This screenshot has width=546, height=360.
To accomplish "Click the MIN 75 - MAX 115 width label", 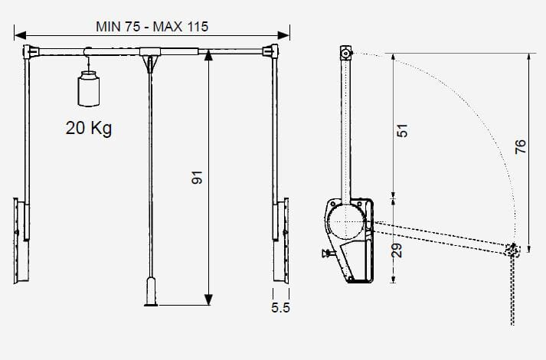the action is click(x=152, y=27).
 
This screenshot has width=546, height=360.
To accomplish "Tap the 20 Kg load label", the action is click(x=89, y=128).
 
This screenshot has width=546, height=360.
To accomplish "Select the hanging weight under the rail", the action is click(x=88, y=88).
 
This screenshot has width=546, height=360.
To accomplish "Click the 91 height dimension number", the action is click(x=197, y=177).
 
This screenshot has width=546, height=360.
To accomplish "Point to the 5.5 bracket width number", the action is click(x=281, y=308).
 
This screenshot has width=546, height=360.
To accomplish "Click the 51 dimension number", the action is click(x=402, y=130).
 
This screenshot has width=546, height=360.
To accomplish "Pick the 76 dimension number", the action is click(x=520, y=146).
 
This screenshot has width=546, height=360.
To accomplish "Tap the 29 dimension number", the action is click(x=397, y=250).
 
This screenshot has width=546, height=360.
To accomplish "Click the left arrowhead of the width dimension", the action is click(x=20, y=35).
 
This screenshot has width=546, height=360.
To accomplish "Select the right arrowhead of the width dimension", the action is click(x=283, y=35).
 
